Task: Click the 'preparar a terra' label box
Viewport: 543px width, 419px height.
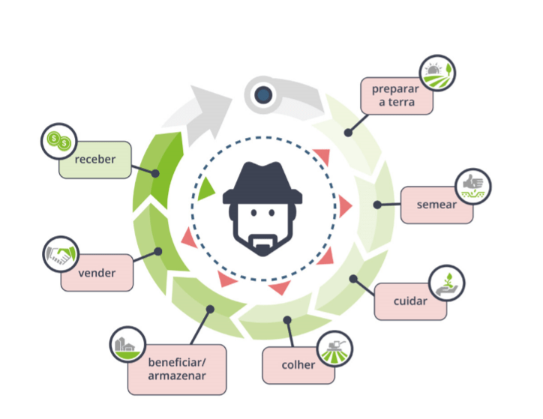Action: (397, 95)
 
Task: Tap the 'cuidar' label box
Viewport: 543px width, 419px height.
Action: (409, 301)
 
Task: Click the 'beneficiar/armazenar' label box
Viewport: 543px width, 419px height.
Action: (177, 369)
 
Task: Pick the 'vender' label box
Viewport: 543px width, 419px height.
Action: (97, 273)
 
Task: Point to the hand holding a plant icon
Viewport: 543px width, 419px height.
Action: (447, 282)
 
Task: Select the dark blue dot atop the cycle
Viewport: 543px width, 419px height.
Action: (262, 95)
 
